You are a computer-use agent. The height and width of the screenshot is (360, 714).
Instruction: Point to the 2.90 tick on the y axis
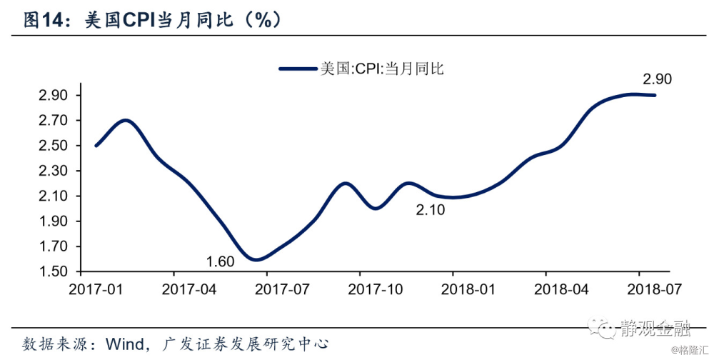click(x=53, y=96)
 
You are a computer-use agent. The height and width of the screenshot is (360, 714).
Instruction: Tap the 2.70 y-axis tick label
click(x=53, y=121)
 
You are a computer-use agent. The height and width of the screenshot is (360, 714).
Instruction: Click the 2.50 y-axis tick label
click(x=53, y=146)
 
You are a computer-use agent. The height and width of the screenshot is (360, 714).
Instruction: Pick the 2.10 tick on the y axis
click(x=53, y=196)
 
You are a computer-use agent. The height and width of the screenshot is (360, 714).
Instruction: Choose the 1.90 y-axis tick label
click(x=53, y=222)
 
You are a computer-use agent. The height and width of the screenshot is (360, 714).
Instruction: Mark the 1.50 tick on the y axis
click(x=53, y=272)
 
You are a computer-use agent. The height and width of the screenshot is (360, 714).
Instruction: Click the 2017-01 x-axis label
click(x=95, y=289)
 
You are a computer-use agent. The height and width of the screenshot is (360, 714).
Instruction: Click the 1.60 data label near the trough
click(x=220, y=261)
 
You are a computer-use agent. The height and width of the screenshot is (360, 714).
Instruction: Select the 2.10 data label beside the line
click(x=431, y=210)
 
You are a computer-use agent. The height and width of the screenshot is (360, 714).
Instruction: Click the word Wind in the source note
click(x=125, y=341)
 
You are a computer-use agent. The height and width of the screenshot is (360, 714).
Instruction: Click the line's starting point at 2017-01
click(x=96, y=146)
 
